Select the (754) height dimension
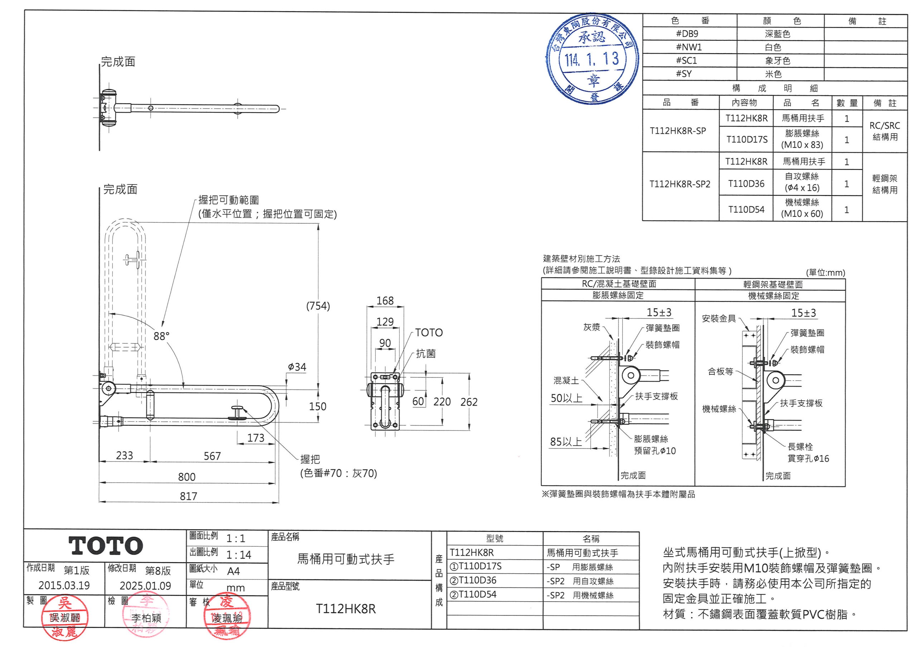[x=318, y=306]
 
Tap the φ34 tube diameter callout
[x=297, y=367]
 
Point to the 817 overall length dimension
[x=188, y=496]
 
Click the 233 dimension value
[x=125, y=455]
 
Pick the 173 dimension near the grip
[x=256, y=438]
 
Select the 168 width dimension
[x=385, y=301]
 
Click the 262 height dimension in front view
[x=469, y=402]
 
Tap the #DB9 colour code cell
[x=687, y=34]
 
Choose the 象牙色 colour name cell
[x=778, y=61]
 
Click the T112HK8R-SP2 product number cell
[x=680, y=184]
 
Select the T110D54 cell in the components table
[x=746, y=210]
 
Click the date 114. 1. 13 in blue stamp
[x=592, y=59]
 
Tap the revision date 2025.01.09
[x=145, y=586]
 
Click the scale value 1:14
[x=239, y=554]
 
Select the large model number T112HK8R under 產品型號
[x=346, y=609]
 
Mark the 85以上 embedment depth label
[x=566, y=442]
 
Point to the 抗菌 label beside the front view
[x=426, y=354]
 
